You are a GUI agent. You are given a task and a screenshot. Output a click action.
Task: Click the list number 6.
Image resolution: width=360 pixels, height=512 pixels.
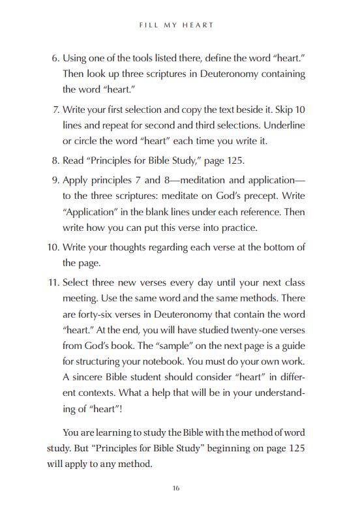(x=55, y=59)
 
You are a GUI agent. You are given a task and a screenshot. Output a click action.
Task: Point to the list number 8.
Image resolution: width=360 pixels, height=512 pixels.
(x=55, y=159)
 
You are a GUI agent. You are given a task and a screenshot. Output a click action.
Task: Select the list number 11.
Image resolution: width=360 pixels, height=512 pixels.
(x=52, y=282)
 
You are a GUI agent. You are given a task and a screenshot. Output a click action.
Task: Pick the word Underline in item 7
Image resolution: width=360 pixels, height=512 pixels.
(x=284, y=125)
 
